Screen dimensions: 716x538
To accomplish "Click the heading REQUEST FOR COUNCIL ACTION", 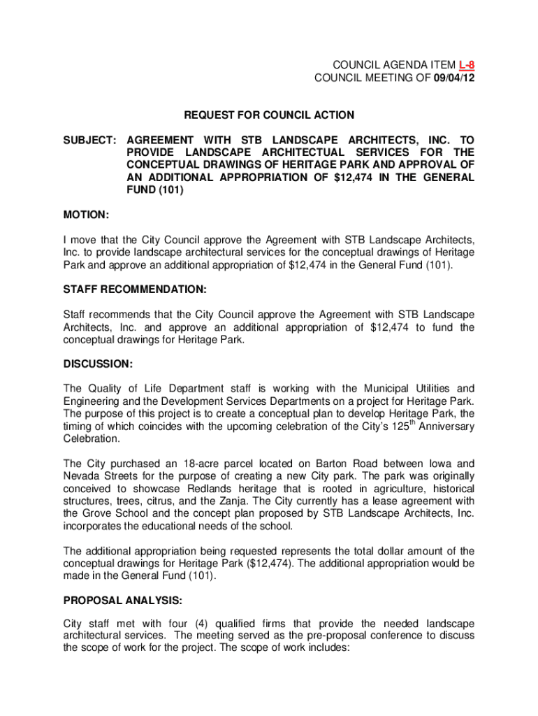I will [x=269, y=115].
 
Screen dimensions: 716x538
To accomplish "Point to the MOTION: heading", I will [x=86, y=213].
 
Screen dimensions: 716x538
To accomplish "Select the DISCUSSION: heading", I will [x=98, y=364].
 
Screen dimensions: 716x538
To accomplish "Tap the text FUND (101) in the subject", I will [x=155, y=190].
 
